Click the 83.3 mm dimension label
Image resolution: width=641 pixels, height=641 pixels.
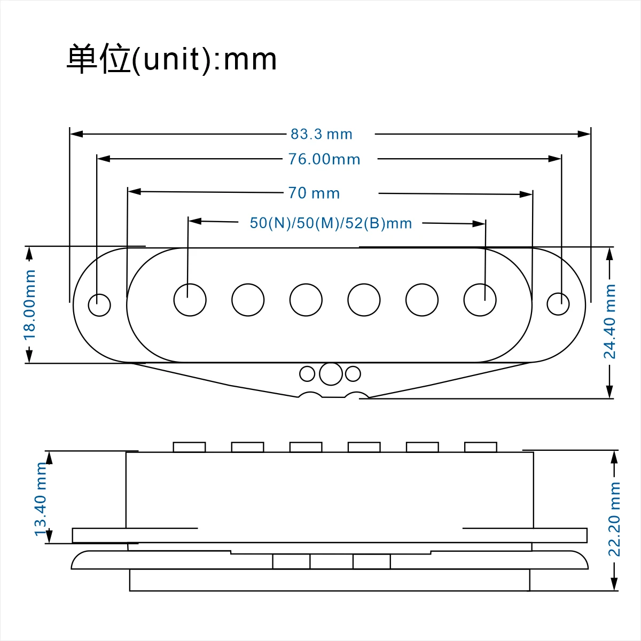click(x=322, y=134)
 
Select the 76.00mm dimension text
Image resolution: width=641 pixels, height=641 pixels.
click(x=324, y=159)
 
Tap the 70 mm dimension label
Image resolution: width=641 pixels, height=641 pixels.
click(x=314, y=193)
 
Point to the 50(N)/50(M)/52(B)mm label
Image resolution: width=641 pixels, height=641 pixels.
click(x=331, y=223)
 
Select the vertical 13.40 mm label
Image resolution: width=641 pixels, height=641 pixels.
click(x=41, y=499)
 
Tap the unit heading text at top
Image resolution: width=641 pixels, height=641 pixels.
click(x=171, y=59)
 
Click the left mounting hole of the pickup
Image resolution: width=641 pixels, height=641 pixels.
click(x=99, y=305)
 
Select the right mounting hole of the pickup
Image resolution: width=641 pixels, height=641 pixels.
click(x=558, y=304)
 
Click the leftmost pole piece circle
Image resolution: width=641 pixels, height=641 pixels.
click(x=190, y=300)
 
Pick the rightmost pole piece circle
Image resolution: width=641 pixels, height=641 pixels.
click(x=480, y=300)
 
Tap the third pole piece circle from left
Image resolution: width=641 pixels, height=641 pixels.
click(x=306, y=300)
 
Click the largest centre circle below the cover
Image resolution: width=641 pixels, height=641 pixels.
click(x=331, y=374)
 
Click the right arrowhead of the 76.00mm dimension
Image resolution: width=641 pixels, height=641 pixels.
click(x=555, y=159)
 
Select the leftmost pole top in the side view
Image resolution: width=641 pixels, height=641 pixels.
click(x=189, y=447)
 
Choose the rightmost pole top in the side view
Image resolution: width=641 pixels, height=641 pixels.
click(x=481, y=447)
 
